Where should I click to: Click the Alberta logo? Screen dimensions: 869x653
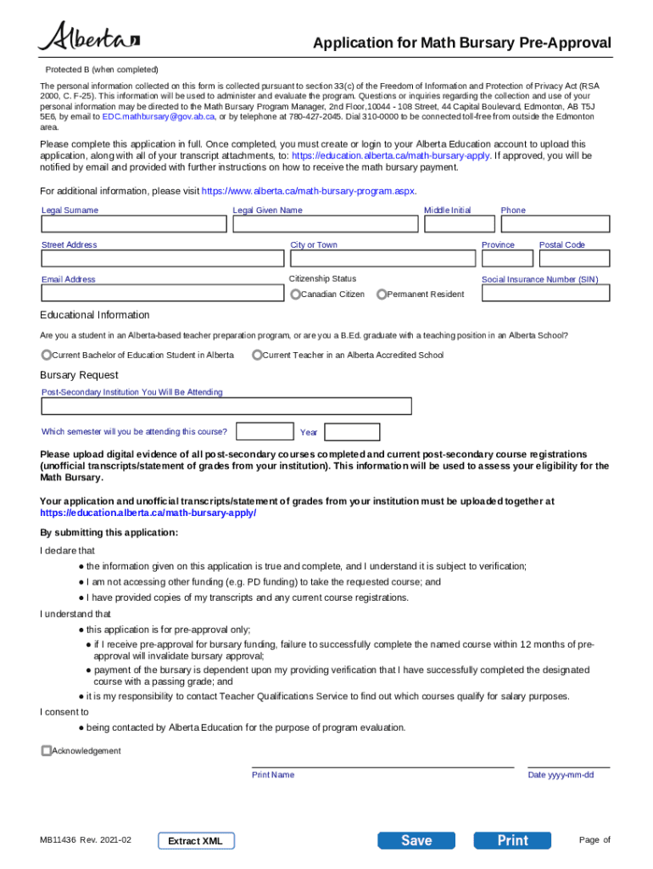(x=88, y=37)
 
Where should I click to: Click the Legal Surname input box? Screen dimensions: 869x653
(x=134, y=224)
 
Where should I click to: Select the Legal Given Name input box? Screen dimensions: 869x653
(x=325, y=224)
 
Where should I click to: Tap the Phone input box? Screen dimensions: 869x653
(x=555, y=224)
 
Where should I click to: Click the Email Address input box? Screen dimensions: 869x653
(x=164, y=293)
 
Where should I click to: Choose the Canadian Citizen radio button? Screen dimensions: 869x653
(x=295, y=294)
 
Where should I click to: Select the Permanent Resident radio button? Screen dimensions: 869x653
(x=382, y=294)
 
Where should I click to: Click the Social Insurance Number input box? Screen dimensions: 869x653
(x=545, y=293)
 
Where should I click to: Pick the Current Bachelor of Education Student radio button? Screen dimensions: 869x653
(x=47, y=355)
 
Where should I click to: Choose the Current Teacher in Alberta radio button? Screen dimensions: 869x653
(x=257, y=355)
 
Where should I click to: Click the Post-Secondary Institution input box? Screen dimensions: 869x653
(x=226, y=406)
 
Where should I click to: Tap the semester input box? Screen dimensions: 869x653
(x=265, y=431)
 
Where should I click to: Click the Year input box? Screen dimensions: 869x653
(x=352, y=432)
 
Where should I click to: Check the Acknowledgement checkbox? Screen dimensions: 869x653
(x=47, y=751)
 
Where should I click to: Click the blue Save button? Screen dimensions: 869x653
(x=416, y=840)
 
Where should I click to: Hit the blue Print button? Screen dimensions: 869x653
(x=512, y=840)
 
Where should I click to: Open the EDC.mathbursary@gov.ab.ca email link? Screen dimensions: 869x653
(x=147, y=116)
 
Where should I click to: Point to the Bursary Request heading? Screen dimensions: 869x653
(x=79, y=375)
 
